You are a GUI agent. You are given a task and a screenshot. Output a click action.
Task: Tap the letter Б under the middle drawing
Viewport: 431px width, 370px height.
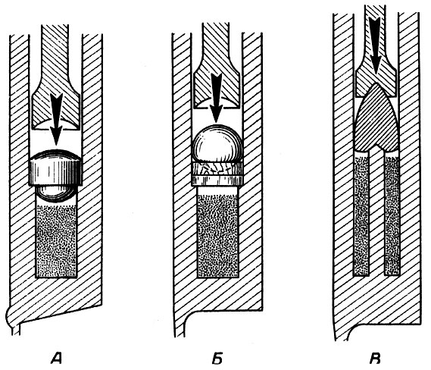(x=217, y=358)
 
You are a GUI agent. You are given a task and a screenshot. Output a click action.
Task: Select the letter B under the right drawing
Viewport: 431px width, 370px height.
(x=375, y=358)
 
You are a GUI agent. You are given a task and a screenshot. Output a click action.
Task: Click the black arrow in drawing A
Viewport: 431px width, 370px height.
(x=56, y=119)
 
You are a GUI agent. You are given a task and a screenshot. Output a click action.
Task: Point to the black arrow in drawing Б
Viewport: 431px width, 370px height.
(x=217, y=98)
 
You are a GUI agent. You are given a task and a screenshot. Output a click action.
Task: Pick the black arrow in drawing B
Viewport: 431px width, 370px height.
(x=375, y=45)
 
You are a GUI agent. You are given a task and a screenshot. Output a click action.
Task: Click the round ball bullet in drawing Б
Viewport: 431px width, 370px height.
(x=217, y=143)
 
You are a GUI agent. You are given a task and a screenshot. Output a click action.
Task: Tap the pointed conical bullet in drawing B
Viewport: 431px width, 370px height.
(x=376, y=118)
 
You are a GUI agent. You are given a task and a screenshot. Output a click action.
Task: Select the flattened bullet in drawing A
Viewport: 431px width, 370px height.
(x=56, y=167)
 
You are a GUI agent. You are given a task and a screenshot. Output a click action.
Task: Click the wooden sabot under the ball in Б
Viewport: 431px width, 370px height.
(x=217, y=174)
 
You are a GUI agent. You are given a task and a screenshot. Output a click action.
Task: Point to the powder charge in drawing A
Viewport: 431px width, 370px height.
(x=56, y=241)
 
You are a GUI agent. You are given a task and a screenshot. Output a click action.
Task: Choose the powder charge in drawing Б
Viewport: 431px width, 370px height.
(x=217, y=236)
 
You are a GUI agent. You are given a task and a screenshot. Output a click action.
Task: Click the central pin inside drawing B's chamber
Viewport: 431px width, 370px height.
(x=376, y=212)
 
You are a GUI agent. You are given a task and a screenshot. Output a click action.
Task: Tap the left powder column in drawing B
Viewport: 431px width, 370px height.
(x=361, y=214)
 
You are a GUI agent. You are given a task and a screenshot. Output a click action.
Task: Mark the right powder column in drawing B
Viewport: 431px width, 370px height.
(x=392, y=214)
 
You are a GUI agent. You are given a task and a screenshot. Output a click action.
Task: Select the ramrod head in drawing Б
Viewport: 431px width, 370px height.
(x=217, y=87)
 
